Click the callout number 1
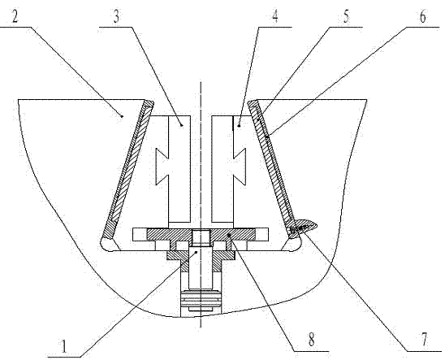64,347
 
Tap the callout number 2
15,17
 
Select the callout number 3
116,17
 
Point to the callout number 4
275,17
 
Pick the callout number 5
346,17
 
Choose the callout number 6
423,17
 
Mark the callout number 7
424,340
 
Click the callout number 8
312,340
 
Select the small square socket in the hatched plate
201,238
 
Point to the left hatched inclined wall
128,169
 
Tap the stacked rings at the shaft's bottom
201,299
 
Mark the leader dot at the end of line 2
122,116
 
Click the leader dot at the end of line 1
197,252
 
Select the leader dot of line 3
182,125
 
